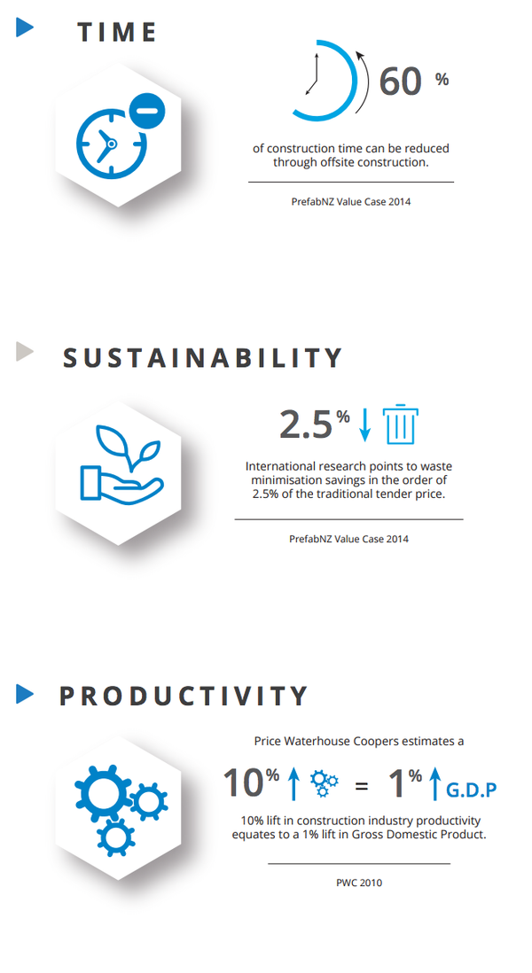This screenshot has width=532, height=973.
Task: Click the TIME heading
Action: (117, 32)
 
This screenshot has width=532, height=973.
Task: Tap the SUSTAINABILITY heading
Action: (202, 358)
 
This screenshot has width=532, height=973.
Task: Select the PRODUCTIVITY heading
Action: (184, 696)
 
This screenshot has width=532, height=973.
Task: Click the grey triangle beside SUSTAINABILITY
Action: (24, 351)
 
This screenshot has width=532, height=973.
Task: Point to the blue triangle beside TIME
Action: (24, 27)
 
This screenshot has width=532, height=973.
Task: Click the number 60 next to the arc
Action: (401, 82)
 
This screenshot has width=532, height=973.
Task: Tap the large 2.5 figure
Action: (306, 424)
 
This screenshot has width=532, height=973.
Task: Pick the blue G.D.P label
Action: (471, 790)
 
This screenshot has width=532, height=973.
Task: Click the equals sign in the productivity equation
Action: (361, 786)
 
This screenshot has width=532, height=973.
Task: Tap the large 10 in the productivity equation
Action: (243, 782)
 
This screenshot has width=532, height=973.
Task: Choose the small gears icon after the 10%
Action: (325, 783)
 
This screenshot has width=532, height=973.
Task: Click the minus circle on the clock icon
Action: (148, 111)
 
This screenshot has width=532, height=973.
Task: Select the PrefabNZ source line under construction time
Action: (351, 201)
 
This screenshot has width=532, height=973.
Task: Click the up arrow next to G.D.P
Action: (435, 783)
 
